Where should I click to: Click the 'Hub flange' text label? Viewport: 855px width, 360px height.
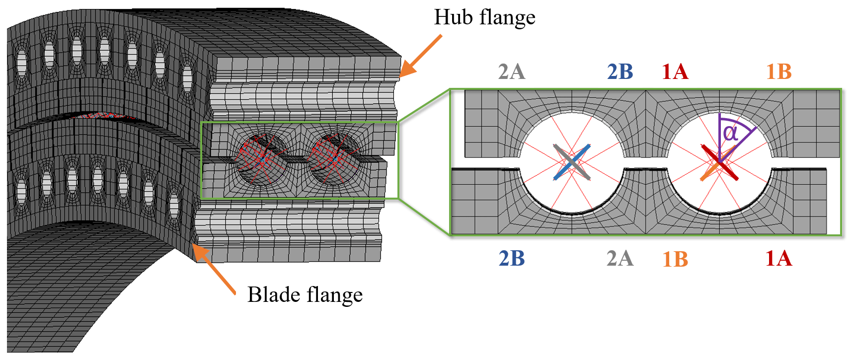tap(485, 18)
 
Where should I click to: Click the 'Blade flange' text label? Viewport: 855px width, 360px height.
tap(305, 295)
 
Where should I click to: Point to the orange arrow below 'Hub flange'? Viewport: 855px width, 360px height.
tap(420, 56)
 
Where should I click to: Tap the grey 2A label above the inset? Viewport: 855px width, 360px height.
tap(512, 72)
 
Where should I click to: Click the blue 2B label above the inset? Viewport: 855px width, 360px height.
tap(620, 72)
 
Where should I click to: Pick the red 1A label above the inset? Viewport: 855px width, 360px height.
tap(675, 72)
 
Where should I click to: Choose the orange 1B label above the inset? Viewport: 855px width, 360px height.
tap(778, 72)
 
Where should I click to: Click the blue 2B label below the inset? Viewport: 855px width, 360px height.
tap(512, 259)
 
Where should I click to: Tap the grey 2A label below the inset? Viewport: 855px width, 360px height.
tap(620, 259)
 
